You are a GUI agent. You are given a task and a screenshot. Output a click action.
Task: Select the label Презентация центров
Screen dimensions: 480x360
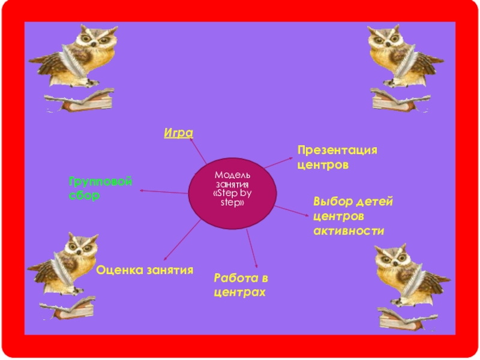[x=337, y=156]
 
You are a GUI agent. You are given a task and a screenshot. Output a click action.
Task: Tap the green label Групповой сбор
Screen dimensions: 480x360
[x=100, y=188]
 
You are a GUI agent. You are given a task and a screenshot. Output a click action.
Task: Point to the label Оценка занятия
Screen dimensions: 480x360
[x=145, y=270]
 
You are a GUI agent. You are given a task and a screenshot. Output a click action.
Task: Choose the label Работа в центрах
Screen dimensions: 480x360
[x=240, y=285]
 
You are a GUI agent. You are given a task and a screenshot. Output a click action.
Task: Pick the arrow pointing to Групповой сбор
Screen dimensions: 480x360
[x=163, y=191]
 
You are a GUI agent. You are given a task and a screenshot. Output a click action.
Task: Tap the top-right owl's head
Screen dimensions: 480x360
[x=383, y=38]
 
